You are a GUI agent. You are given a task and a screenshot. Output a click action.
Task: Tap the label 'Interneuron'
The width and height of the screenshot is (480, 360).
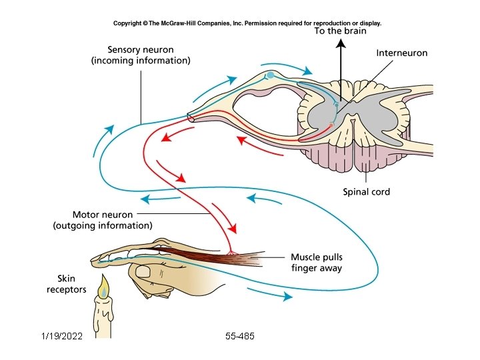click(x=401, y=53)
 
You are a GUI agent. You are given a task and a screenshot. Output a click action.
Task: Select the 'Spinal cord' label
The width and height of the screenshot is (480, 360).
click(x=366, y=192)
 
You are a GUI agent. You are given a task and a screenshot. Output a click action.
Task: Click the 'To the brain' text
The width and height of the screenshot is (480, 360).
click(x=341, y=31)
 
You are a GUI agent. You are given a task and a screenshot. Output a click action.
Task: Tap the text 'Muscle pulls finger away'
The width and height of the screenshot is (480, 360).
click(x=317, y=263)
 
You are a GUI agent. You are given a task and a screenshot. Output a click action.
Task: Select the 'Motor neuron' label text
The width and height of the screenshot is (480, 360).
click(x=102, y=215)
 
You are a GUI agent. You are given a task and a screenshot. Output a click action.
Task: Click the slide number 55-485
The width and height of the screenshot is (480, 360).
click(x=240, y=337)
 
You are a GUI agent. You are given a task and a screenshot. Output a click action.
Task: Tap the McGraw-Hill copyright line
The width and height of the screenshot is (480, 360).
click(x=247, y=23)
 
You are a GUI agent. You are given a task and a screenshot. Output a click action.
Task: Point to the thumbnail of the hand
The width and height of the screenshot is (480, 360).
click(x=143, y=272)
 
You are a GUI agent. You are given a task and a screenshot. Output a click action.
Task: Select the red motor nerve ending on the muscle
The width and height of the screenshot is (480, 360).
click(x=232, y=253)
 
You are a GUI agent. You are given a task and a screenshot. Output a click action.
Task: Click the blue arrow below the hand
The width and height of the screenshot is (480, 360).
click(x=269, y=293)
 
